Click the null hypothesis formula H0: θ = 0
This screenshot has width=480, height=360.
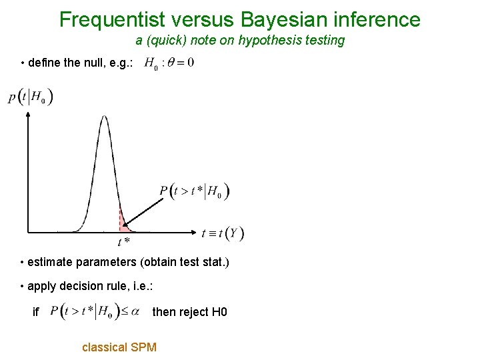169,64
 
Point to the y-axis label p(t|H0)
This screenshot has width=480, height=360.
31,97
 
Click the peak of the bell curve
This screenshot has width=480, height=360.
103,118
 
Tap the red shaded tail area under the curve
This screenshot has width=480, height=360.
123,224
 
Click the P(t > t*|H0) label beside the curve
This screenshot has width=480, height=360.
195,192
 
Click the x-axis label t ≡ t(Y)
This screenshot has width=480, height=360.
223,233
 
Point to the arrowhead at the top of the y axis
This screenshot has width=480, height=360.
28,114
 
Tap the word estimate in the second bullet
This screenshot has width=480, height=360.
51,263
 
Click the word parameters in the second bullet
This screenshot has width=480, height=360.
107,263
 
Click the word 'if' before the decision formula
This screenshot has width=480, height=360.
36,312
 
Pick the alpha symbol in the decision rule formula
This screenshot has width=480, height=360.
135,311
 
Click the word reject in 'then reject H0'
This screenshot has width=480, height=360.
195,312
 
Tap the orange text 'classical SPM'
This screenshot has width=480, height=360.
119,347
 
